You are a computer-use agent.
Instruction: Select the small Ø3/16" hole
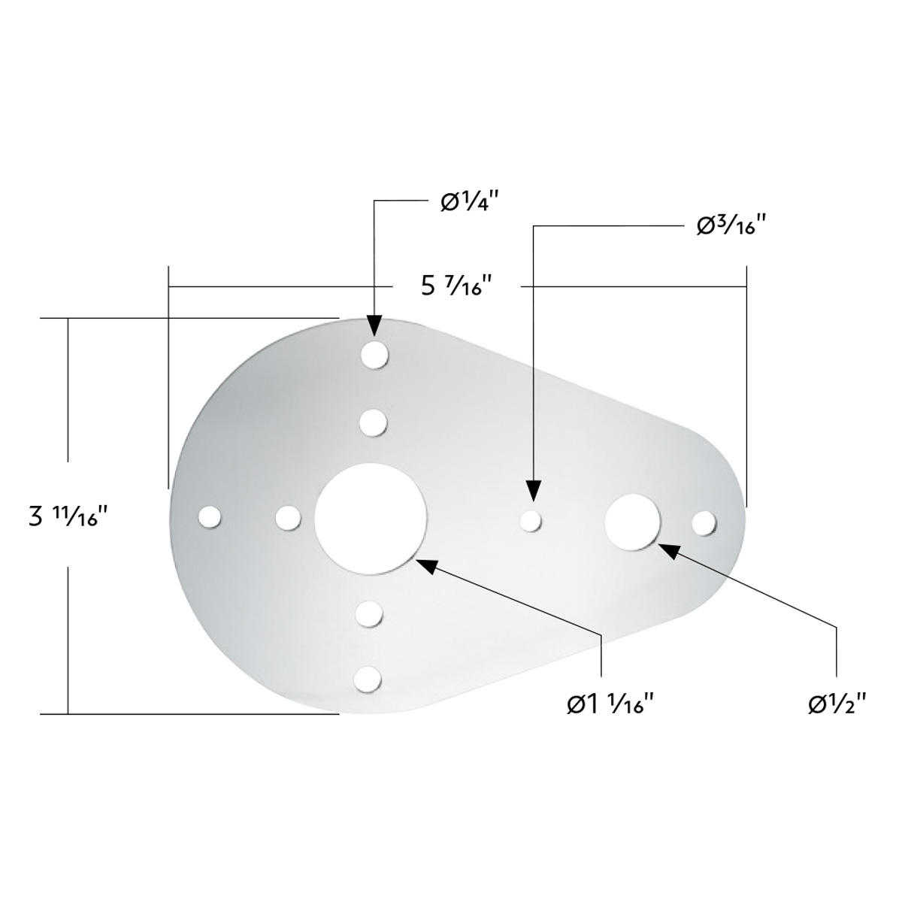531,520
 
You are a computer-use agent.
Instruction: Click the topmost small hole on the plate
374,355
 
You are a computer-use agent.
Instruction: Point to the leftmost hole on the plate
210,517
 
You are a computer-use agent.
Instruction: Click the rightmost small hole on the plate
704,522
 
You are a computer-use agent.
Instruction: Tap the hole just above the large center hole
373,422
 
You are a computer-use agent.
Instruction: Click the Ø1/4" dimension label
471,202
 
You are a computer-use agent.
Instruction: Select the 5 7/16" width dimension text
456,286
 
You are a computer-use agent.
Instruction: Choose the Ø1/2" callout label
838,704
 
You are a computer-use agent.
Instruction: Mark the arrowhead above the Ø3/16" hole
533,491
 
